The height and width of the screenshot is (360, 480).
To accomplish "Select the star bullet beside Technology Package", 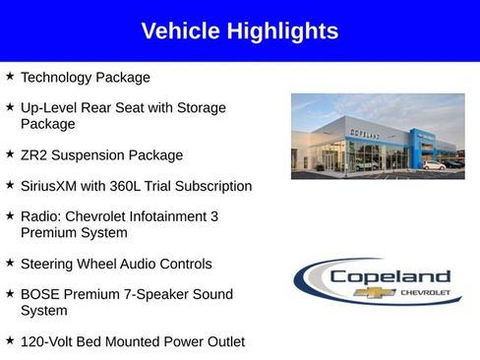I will pyautogui.click(x=10, y=76).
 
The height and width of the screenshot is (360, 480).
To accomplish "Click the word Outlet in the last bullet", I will pyautogui.click(x=223, y=341).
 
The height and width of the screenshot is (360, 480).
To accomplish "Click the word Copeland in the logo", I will pyautogui.click(x=390, y=276).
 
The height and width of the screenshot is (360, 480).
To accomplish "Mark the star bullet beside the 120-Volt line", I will pyautogui.click(x=10, y=340).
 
